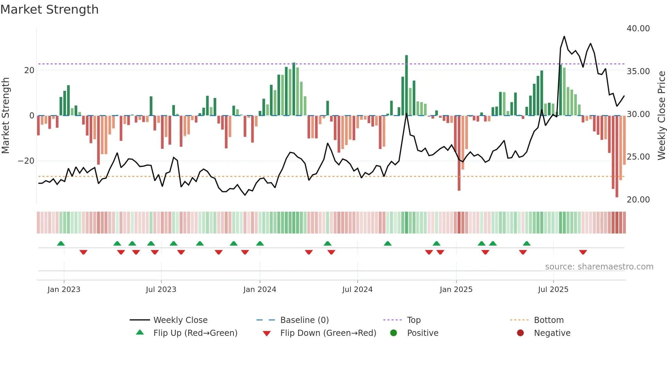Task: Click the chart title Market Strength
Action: (49, 10)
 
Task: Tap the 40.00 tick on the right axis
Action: (638, 29)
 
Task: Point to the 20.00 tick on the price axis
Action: (638, 200)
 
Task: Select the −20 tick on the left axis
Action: (26, 161)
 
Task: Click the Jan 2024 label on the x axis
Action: (260, 290)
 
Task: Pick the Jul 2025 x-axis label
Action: (553, 290)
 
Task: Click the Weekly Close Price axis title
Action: (661, 116)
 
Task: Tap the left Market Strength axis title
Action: (6, 116)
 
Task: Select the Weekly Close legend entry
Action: (180, 320)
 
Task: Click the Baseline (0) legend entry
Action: (304, 320)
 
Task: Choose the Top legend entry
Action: (413, 320)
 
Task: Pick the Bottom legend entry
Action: (549, 320)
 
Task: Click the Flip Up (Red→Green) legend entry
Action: (195, 333)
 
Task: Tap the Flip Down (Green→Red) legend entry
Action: (328, 333)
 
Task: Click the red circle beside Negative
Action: (520, 333)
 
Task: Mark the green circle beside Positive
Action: (393, 333)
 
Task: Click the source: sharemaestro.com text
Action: (599, 267)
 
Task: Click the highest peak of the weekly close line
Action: (564, 36)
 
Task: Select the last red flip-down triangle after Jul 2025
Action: (583, 252)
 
